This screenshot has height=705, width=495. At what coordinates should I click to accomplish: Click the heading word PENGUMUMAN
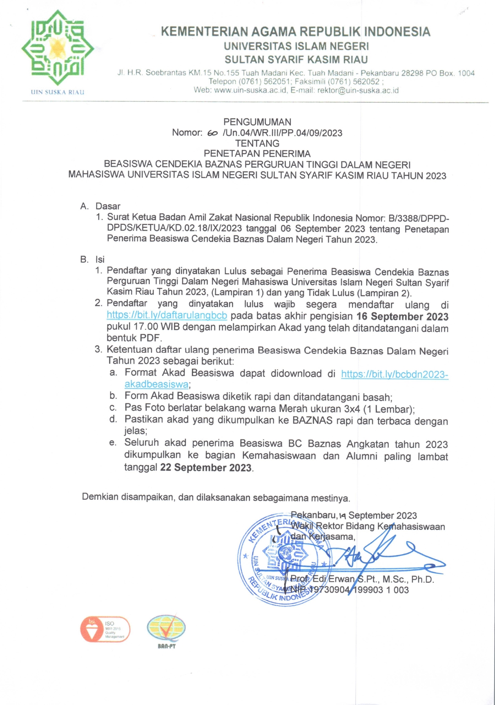(257, 122)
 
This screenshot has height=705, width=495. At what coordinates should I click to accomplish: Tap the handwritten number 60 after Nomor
(212, 133)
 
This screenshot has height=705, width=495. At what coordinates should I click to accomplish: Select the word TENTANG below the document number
(257, 143)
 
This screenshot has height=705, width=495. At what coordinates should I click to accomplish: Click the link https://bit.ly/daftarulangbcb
(167, 316)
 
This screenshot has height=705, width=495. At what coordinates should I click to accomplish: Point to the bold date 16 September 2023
(402, 317)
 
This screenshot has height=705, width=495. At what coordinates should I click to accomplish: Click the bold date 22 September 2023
(206, 468)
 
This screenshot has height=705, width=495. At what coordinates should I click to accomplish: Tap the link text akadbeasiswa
(156, 384)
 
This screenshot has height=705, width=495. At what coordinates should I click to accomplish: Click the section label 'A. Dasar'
(100, 206)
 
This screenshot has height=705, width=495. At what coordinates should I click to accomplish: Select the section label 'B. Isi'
(93, 260)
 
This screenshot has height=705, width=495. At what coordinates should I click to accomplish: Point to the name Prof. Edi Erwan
(323, 579)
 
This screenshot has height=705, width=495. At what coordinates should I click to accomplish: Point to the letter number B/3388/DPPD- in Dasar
(418, 218)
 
